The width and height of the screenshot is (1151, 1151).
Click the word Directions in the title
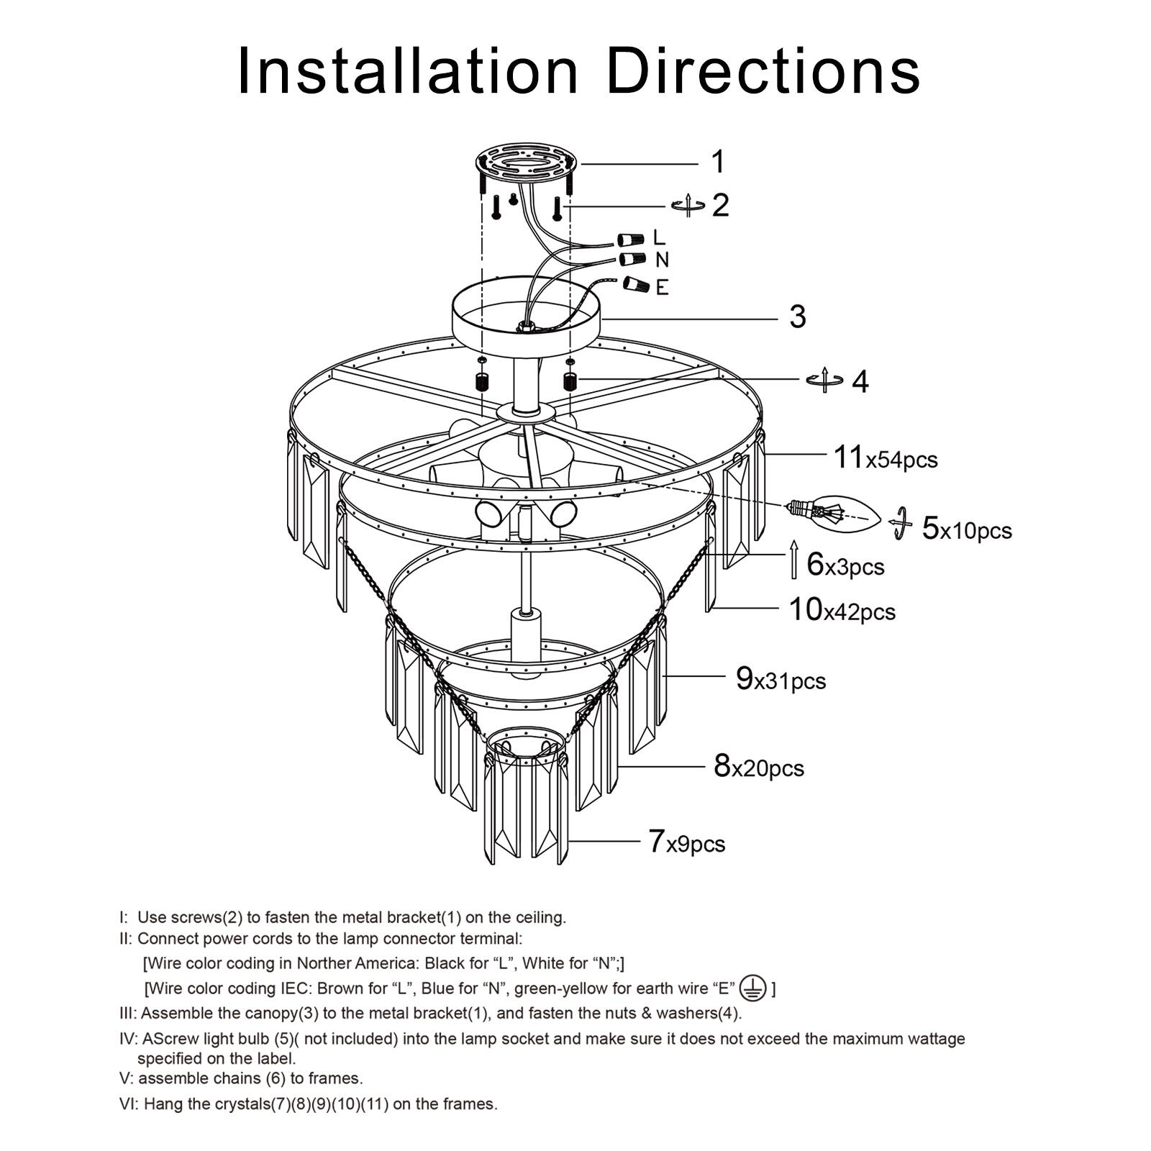[x=763, y=70]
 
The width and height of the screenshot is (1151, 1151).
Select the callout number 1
[x=717, y=162]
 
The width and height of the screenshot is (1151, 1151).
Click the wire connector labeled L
[x=631, y=239]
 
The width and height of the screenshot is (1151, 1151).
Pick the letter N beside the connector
[x=662, y=260]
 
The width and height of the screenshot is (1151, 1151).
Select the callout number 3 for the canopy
[x=797, y=317]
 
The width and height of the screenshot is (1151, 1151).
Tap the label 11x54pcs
[x=885, y=458]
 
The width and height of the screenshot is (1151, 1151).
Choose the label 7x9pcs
[x=686, y=842]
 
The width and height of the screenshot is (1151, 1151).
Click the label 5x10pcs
[x=966, y=529]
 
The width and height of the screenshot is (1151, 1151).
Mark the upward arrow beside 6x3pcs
[x=794, y=558]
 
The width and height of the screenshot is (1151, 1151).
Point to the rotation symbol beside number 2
[x=688, y=206]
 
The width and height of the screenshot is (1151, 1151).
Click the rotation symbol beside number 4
[x=824, y=380]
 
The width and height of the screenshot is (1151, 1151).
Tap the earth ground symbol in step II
[x=753, y=988]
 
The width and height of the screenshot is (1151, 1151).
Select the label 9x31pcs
[x=781, y=679]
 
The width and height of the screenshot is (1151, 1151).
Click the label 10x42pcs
[x=842, y=610]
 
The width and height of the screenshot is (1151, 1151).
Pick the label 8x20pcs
[x=758, y=767]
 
